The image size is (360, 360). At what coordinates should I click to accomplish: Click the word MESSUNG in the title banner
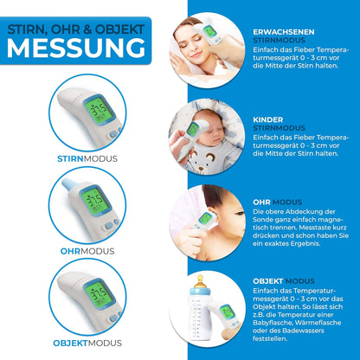click(76, 48)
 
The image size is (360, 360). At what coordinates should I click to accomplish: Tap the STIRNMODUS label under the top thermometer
click(87, 159)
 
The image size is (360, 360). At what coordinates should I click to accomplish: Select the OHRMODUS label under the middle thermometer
click(87, 251)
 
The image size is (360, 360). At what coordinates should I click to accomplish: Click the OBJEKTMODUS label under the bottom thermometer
click(87, 344)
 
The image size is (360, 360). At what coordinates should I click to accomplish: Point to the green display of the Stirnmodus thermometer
click(98, 110)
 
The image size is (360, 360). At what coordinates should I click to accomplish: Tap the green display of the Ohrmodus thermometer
click(94, 200)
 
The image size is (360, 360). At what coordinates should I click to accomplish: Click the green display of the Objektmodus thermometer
click(98, 293)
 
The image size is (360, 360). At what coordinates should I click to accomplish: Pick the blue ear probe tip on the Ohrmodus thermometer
click(68, 184)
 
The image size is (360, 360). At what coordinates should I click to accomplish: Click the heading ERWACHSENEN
click(284, 32)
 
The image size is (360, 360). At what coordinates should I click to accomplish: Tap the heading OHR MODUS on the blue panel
click(278, 202)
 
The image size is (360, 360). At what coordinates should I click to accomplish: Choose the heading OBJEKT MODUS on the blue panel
click(284, 281)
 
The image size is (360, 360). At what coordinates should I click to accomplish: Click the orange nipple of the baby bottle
click(200, 281)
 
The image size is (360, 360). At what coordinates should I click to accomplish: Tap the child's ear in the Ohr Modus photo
click(213, 215)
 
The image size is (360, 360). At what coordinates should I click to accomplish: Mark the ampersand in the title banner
click(88, 29)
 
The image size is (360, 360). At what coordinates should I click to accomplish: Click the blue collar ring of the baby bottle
click(200, 291)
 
